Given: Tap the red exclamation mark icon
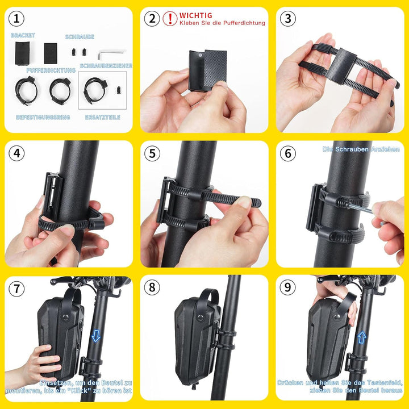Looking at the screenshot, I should click(x=170, y=19).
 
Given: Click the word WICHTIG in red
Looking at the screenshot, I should click(x=196, y=16).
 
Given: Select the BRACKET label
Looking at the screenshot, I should click(x=23, y=35).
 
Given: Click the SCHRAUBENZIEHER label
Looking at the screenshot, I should click(x=106, y=66).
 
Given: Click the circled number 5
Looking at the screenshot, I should click(x=152, y=153).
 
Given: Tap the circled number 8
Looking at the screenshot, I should click(x=152, y=287).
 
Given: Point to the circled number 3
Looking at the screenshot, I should click(x=288, y=19).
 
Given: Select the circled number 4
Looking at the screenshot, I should click(x=17, y=153).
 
